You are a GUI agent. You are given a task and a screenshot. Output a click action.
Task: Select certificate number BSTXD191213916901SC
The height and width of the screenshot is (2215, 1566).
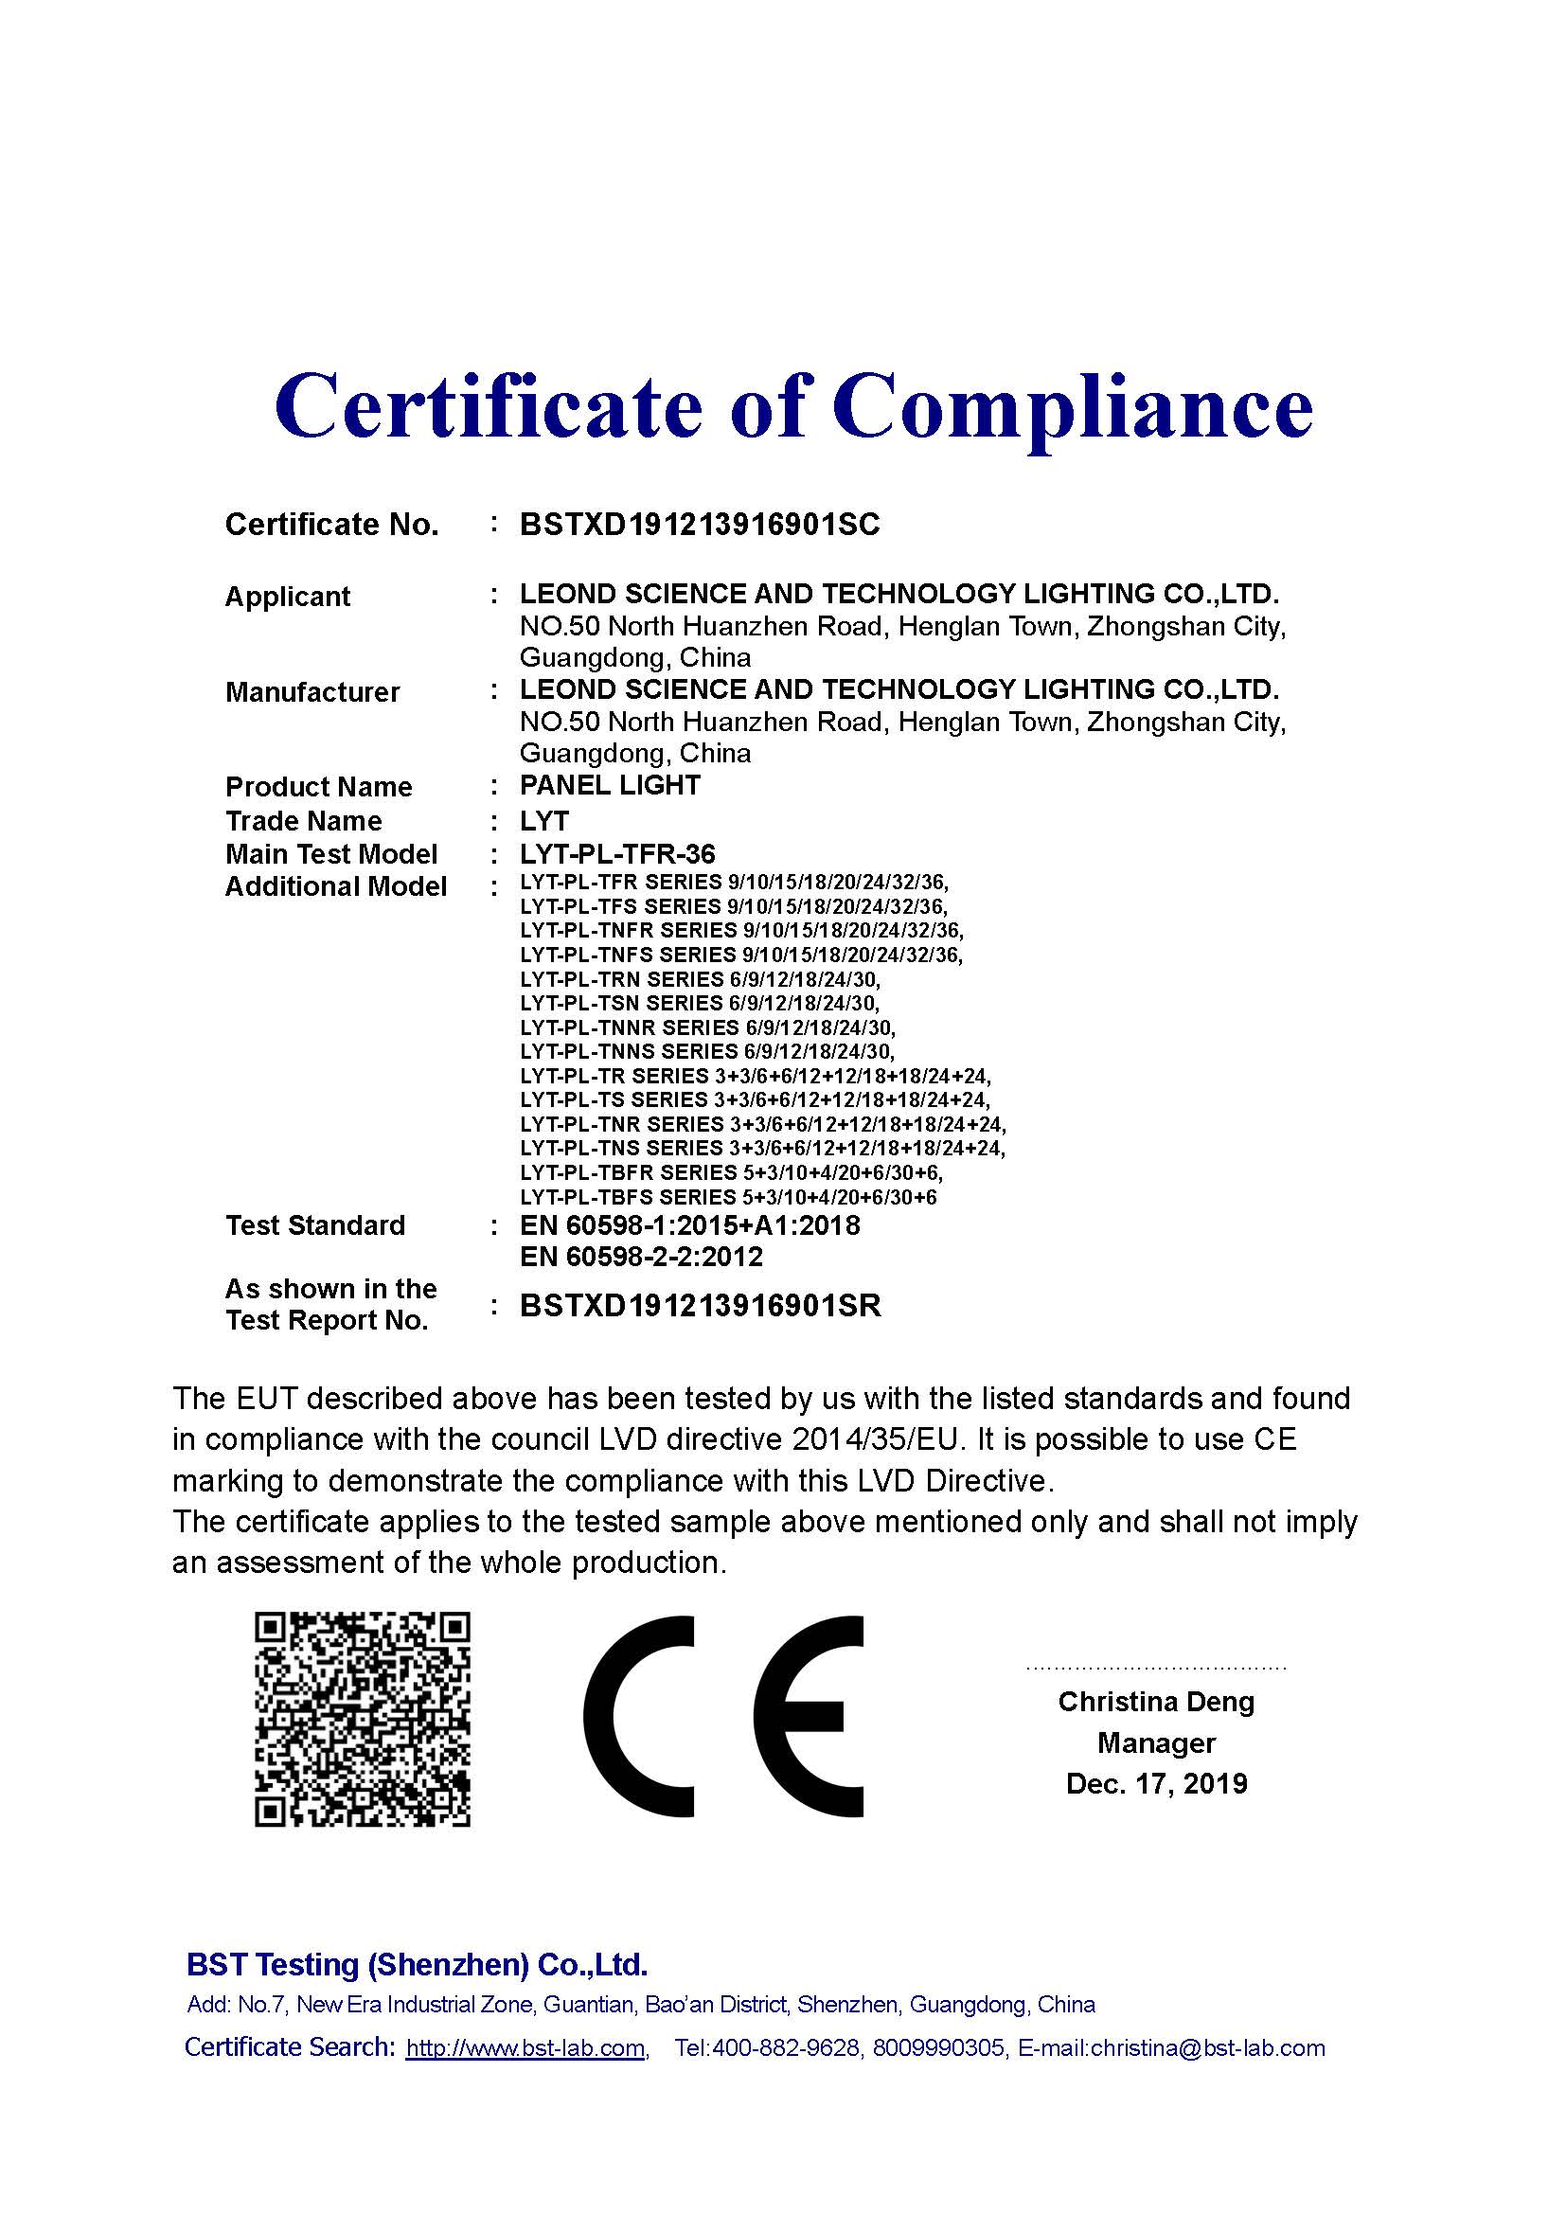pyautogui.click(x=699, y=525)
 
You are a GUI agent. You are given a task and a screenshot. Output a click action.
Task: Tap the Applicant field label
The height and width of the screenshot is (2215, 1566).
pyautogui.click(x=288, y=597)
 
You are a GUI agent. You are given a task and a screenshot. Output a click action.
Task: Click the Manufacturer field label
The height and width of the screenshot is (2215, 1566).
pyautogui.click(x=311, y=691)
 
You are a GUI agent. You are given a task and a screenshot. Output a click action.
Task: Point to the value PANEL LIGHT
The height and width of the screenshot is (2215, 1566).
pyautogui.click(x=610, y=785)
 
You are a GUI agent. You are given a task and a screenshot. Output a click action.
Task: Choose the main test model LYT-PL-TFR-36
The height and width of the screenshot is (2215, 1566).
pyautogui.click(x=617, y=854)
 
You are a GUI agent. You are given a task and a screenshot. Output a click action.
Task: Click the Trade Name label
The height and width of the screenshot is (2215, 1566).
pyautogui.click(x=303, y=821)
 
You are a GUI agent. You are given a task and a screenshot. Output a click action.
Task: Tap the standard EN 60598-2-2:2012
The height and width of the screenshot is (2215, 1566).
pyautogui.click(x=641, y=1257)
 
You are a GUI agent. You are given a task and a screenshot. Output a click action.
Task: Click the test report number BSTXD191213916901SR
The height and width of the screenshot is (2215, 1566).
pyautogui.click(x=700, y=1306)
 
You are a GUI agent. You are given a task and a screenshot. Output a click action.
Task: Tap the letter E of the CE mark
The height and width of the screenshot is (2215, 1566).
pyautogui.click(x=808, y=1717)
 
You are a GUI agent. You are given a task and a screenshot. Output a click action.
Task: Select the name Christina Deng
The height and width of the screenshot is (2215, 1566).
pyautogui.click(x=1156, y=1702)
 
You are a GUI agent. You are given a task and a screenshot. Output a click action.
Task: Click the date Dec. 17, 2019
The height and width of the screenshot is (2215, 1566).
pyautogui.click(x=1156, y=1784)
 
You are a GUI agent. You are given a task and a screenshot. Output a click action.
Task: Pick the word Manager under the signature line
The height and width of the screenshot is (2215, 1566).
pyautogui.click(x=1156, y=1743)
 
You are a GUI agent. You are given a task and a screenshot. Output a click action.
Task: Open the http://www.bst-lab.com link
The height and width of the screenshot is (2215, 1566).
pyautogui.click(x=525, y=2049)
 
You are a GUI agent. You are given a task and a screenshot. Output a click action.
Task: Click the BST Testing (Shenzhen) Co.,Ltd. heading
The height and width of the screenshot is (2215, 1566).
pyautogui.click(x=417, y=1965)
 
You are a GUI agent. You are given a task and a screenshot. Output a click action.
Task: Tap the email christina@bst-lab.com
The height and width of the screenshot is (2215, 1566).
pyautogui.click(x=1207, y=2049)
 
